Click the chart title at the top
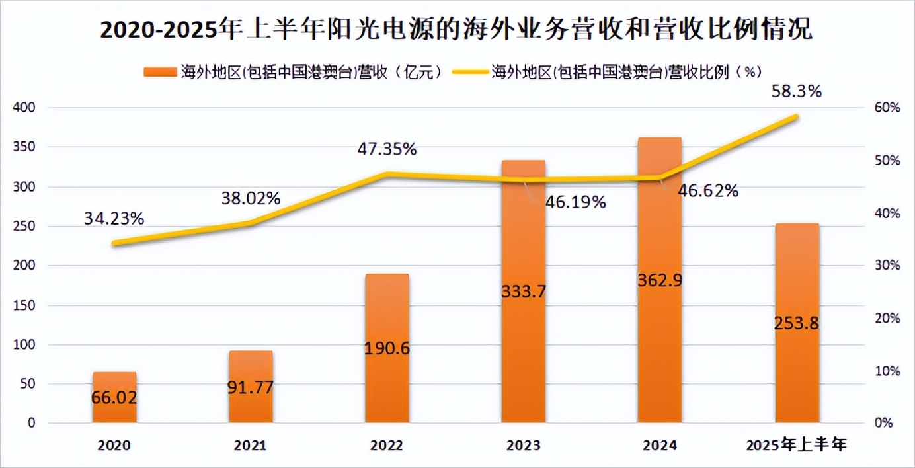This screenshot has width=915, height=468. [x=456, y=30]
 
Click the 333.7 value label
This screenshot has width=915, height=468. [x=524, y=291]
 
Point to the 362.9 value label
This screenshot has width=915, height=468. [x=660, y=280]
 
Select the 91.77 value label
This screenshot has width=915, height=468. [x=251, y=387]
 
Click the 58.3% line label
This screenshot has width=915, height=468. [x=797, y=92]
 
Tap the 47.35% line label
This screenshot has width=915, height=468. [x=387, y=149]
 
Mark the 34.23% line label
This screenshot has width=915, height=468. [x=114, y=218]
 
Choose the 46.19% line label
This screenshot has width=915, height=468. [x=575, y=202]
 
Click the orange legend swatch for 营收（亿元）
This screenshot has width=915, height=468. [x=159, y=71]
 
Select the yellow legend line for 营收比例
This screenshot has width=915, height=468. [x=470, y=71]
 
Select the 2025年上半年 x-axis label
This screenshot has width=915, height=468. [x=797, y=445]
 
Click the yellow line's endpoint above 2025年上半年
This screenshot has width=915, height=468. [x=797, y=116]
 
